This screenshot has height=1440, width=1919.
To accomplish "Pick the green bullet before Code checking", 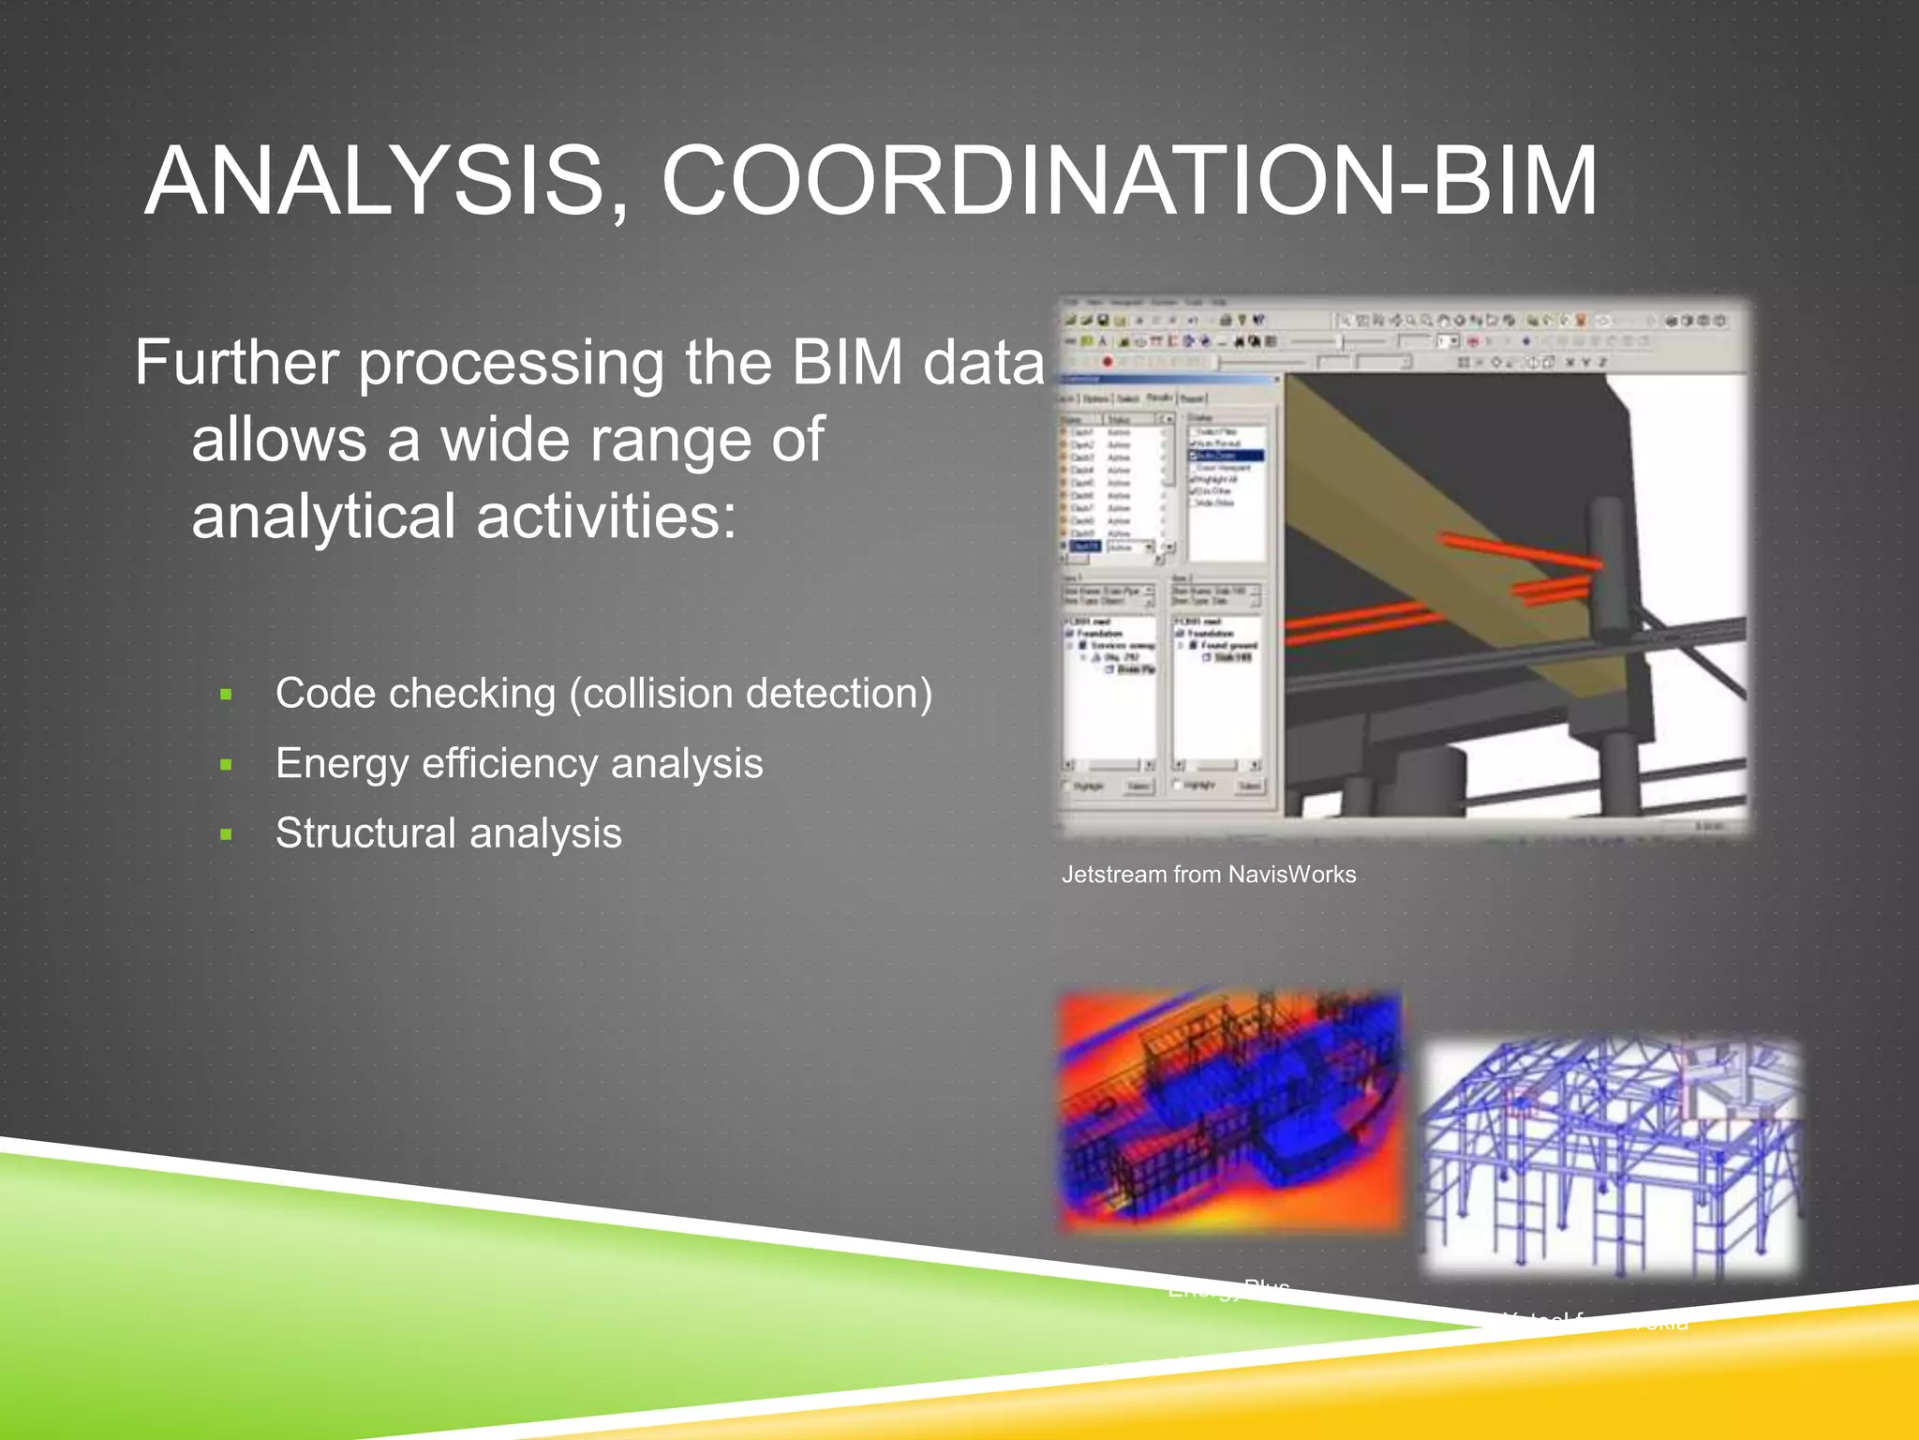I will tap(226, 695).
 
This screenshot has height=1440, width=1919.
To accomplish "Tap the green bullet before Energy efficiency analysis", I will tap(226, 765).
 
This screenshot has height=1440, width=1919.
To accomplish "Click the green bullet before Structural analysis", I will tap(226, 834).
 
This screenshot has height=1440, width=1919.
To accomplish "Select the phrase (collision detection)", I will tap(751, 695).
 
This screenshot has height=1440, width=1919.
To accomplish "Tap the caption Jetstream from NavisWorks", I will tap(1208, 875).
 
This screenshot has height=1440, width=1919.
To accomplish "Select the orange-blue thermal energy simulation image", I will tap(1229, 1111).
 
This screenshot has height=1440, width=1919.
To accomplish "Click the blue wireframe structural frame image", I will tap(1610, 1158).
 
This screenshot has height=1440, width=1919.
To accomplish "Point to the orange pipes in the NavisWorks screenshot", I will tap(1518, 553).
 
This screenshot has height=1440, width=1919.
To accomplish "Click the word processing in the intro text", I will tap(511, 365).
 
